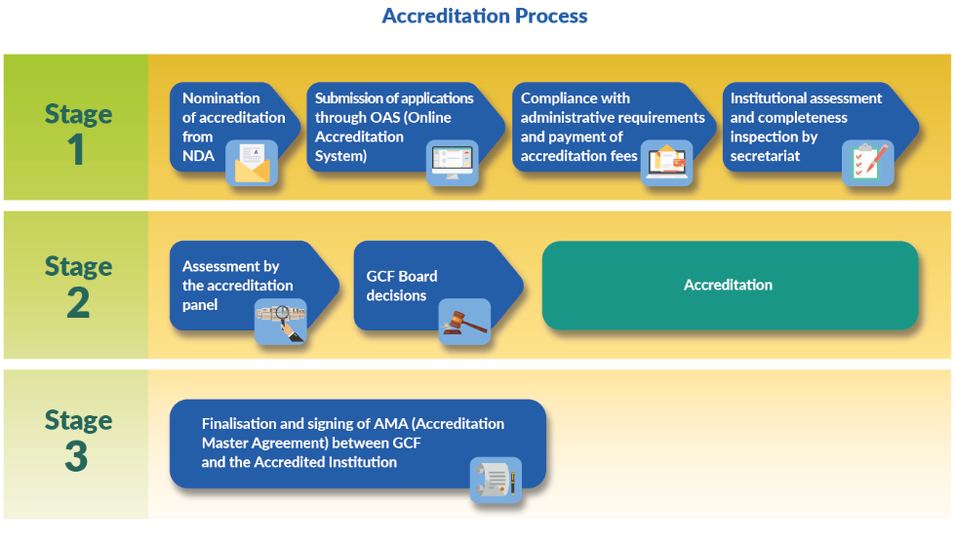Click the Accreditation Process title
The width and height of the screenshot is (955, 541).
coord(485,16)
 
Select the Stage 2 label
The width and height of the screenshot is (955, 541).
coord(78,286)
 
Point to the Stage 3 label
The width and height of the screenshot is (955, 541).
coord(78,440)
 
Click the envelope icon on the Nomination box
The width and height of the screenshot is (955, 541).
coord(252,163)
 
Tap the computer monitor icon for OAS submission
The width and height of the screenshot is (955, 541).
coord(452,163)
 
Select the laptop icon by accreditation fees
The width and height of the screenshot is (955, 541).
coord(666,163)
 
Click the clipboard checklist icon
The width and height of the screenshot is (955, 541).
coord(868,163)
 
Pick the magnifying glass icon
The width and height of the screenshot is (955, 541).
coord(280,322)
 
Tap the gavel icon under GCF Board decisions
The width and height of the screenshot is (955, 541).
coord(464,322)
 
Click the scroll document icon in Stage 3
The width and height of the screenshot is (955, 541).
coord(496,481)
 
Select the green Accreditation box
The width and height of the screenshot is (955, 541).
coord(730,286)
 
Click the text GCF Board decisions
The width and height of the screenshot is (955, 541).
coord(402,286)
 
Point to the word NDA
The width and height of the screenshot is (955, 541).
coord(199,156)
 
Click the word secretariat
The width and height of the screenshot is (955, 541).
coord(765,156)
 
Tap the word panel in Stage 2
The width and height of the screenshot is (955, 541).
coord(200,305)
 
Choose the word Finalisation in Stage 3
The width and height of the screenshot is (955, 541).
coord(240,424)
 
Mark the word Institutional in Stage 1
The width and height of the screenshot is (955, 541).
coord(770,98)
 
